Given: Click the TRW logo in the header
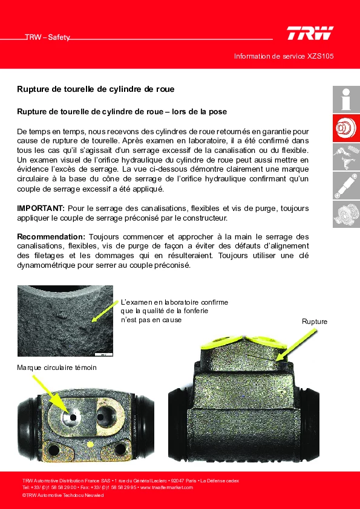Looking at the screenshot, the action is pos(310,33).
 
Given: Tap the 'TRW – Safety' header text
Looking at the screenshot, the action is pos(47,37).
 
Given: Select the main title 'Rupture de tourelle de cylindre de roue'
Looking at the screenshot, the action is pos(96,89).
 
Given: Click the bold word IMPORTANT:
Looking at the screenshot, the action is pos(41,208).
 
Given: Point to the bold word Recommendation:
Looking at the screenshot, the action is pos(51,236).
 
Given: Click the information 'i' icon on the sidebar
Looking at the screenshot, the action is pos(346,99).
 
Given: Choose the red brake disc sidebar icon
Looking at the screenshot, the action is pos(346,128).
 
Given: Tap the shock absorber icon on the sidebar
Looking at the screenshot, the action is pos(346,186).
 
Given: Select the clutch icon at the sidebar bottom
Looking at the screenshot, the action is pos(346,214).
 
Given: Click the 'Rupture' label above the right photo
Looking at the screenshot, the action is pos(315,322).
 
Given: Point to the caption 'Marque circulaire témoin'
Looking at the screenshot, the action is pos(57,368).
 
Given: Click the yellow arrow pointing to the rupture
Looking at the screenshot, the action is pos(296,345).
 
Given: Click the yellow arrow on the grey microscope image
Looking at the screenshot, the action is pos(105,312).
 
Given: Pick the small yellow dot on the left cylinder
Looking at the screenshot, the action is pos(90,444).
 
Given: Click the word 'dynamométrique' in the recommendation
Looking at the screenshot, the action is pos(45,265).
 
